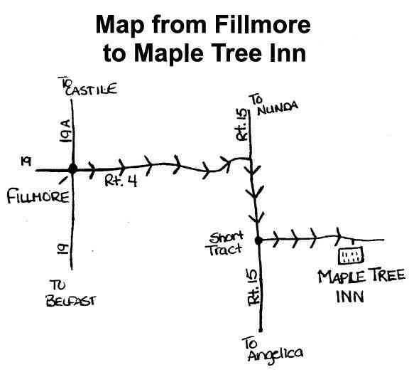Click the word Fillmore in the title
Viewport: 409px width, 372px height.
point(263,24)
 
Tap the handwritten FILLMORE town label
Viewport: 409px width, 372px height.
point(38,197)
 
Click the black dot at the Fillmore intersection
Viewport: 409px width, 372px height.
point(72,169)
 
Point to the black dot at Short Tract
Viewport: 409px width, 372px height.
point(258,240)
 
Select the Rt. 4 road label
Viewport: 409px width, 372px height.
point(121,181)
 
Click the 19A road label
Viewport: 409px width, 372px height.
point(65,131)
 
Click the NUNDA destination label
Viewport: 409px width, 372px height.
point(278,108)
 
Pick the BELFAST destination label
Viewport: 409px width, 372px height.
point(71,301)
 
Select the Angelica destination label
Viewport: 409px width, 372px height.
point(276,354)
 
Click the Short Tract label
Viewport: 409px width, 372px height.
point(225,243)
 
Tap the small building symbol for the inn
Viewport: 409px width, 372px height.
point(351,255)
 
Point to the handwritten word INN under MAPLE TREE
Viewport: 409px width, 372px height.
point(350,297)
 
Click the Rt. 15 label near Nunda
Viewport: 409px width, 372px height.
point(241,125)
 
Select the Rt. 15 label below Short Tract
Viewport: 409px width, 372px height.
point(253,287)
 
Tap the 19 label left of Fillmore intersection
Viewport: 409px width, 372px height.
point(26,161)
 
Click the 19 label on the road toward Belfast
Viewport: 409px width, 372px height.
point(63,249)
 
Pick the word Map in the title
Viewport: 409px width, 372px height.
point(120,26)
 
